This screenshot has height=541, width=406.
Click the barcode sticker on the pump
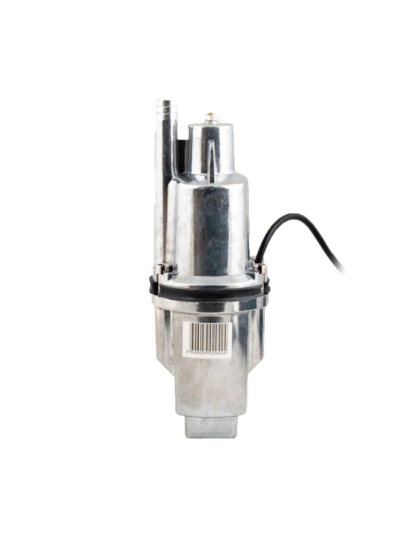[207, 339]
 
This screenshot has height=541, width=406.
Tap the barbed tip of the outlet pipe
[165, 105]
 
